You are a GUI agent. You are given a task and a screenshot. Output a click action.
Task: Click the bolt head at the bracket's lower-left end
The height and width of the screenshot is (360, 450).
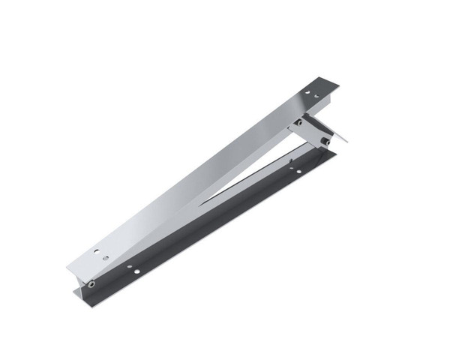point(91,284)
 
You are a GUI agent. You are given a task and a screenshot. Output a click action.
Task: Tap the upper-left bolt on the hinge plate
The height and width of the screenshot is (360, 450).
point(298,121)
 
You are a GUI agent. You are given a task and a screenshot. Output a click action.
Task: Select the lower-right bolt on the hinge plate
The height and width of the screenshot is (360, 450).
point(325,140)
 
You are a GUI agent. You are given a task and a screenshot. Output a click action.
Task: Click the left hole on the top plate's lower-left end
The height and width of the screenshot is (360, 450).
point(94,253)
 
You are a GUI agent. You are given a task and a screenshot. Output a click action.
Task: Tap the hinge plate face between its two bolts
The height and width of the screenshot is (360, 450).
point(312,130)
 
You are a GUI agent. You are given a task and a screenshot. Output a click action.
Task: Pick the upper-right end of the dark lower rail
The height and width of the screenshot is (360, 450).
point(334,148)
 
